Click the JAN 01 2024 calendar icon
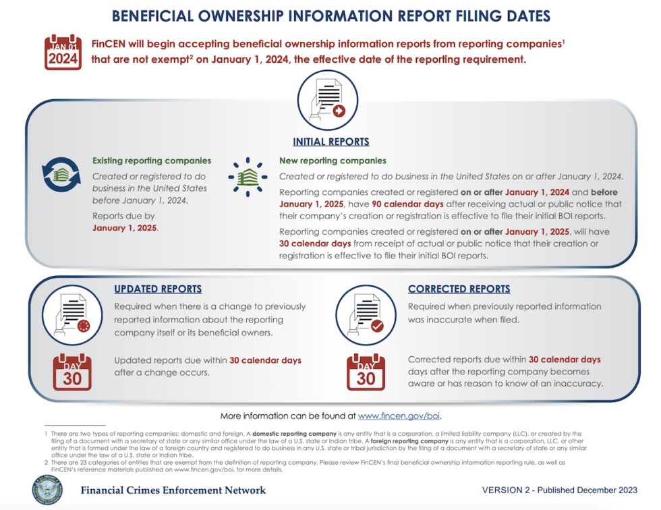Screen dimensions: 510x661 63,53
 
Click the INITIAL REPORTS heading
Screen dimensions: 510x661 330,142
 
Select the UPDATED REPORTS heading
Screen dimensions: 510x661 158,289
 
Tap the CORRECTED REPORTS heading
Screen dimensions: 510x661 459,289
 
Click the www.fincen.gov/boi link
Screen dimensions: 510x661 399,416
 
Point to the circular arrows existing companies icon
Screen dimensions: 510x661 61,175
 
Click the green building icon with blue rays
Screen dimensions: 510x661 248,177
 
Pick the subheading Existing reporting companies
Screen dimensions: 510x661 152,161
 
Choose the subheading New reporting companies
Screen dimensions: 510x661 333,161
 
